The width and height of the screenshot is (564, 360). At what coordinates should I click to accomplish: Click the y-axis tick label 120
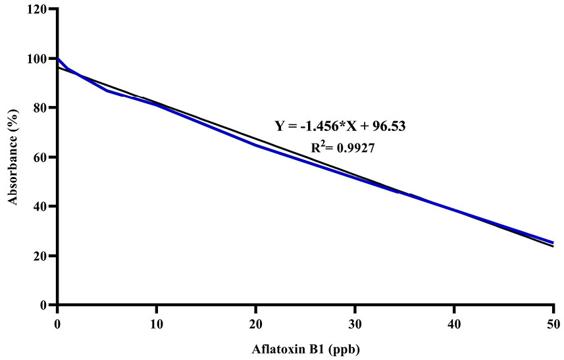(38, 9)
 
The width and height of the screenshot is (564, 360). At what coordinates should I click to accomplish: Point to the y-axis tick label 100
(38, 59)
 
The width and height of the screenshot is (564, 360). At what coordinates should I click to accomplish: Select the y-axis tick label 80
(40, 108)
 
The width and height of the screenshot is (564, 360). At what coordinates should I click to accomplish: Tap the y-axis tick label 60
(40, 157)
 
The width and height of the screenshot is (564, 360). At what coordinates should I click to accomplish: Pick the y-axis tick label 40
(40, 207)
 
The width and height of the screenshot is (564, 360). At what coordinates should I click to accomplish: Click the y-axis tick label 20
(40, 256)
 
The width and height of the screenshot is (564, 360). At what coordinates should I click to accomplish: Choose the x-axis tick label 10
(157, 323)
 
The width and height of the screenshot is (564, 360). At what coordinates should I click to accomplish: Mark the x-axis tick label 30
(355, 323)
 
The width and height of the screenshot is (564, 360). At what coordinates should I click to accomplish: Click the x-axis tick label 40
(454, 323)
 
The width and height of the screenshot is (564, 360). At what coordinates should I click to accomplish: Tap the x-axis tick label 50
(553, 323)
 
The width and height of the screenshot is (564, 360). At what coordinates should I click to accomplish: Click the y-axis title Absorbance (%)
(13, 158)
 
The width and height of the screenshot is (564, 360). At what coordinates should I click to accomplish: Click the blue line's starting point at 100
(58, 59)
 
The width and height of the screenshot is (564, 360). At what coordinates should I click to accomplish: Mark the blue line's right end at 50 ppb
(553, 242)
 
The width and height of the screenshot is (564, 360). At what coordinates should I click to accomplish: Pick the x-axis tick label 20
(255, 323)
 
